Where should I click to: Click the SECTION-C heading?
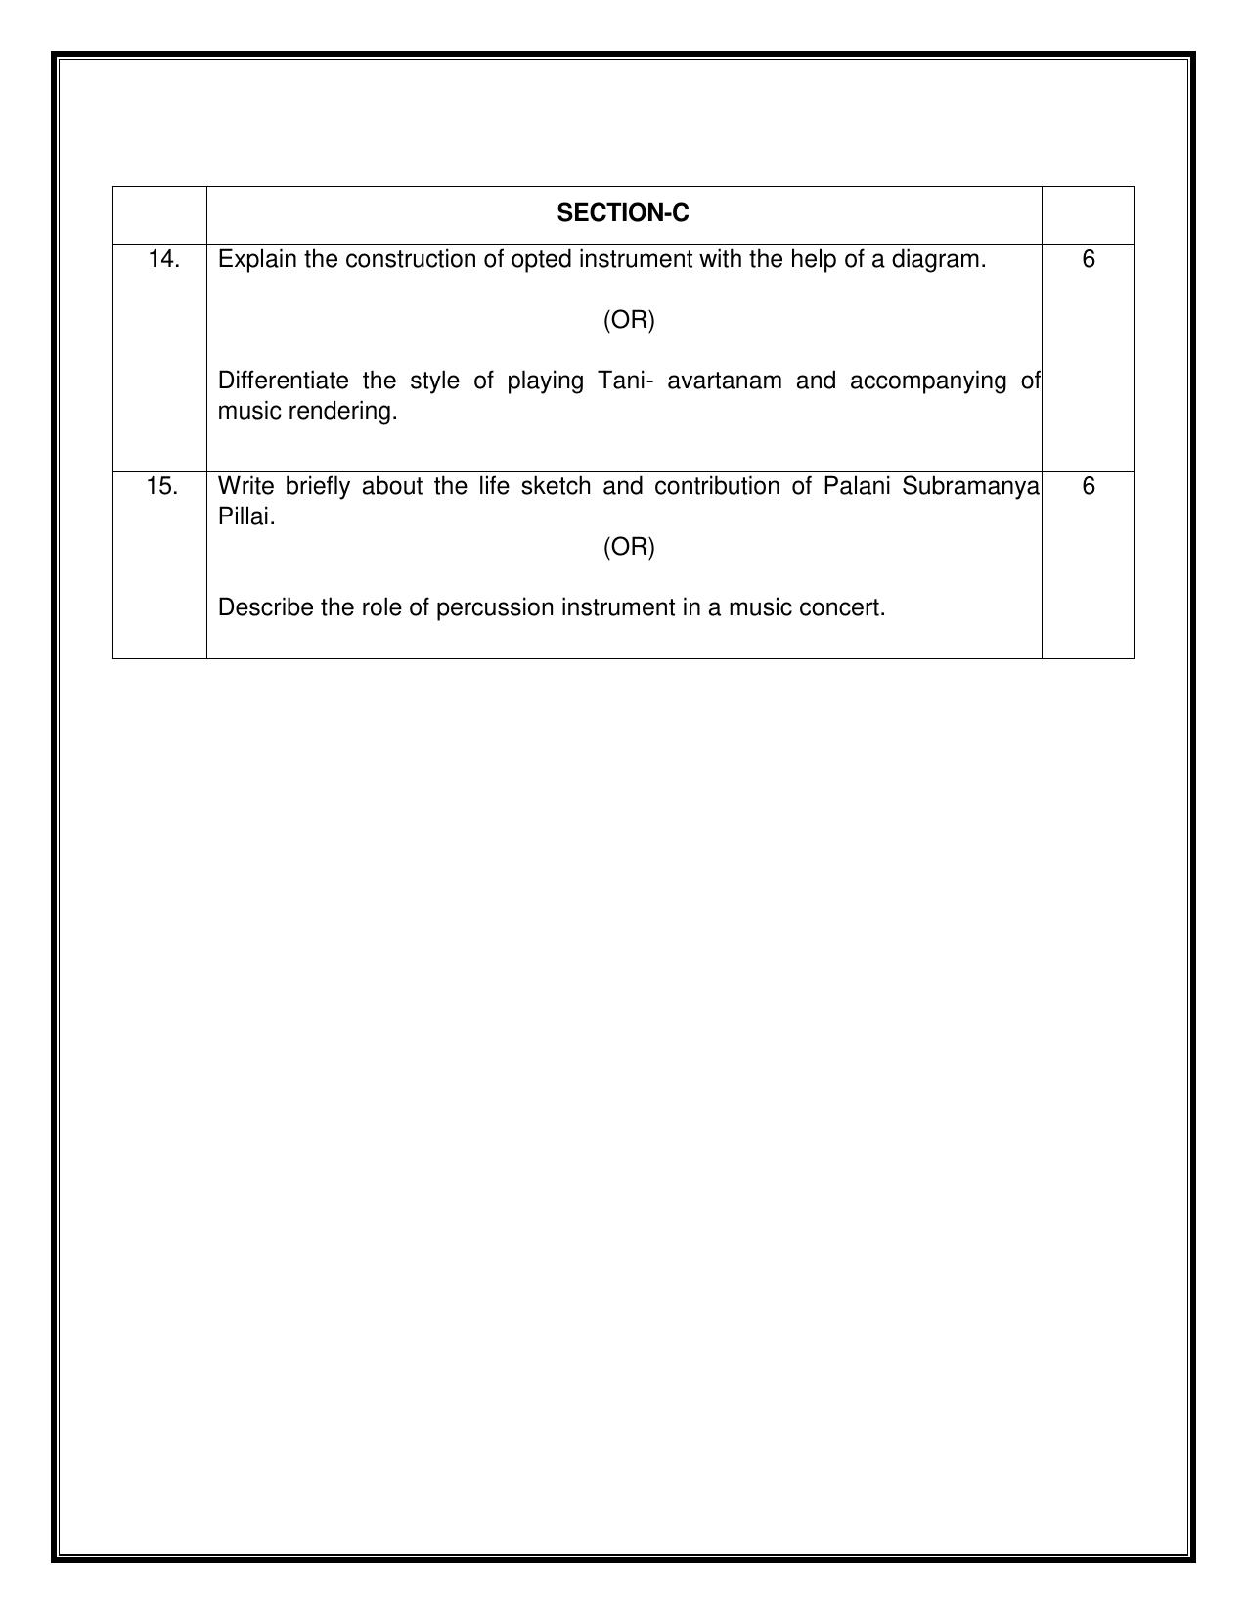click(622, 213)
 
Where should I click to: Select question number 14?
click(163, 259)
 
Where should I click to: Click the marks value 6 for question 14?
click(1089, 259)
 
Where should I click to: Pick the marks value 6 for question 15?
click(1089, 486)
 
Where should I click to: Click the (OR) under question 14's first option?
click(629, 320)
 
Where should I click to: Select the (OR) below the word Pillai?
click(629, 547)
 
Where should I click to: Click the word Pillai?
click(246, 516)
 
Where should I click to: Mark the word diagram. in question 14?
click(941, 259)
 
